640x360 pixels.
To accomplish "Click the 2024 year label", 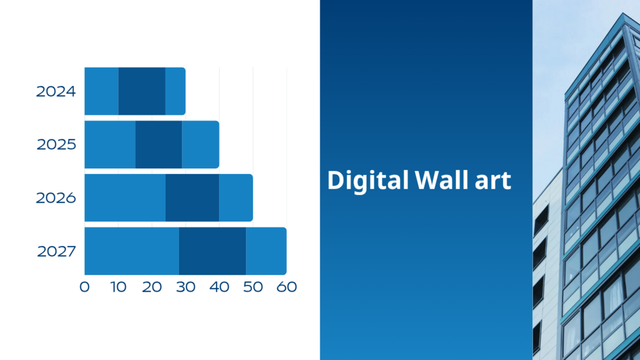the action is tap(56, 91).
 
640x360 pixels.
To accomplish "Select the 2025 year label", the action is tap(56, 145).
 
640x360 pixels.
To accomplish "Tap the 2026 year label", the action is tap(56, 198).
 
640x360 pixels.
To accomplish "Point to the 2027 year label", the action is tap(56, 252).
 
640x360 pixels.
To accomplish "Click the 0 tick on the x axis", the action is tap(85, 287).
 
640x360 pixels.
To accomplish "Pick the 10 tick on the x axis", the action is tap(118, 287).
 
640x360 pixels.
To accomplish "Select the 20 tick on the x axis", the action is tap(152, 287).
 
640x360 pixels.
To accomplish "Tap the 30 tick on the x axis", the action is tap(186, 287).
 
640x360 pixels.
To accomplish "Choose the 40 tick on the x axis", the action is tap(219, 287).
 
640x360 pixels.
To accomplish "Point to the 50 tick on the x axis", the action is tap(253, 287).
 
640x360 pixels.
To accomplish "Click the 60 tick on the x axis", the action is tap(287, 287).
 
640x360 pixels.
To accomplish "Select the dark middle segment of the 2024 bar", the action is tap(141, 91).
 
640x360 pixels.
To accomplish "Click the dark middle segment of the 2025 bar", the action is tap(159, 145).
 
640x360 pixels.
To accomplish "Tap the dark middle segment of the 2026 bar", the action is tap(192, 198).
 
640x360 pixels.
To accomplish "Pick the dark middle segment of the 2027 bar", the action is tap(212, 251).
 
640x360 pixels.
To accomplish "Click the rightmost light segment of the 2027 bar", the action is tap(266, 251).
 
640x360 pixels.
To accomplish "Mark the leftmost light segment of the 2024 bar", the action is tap(102, 91).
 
